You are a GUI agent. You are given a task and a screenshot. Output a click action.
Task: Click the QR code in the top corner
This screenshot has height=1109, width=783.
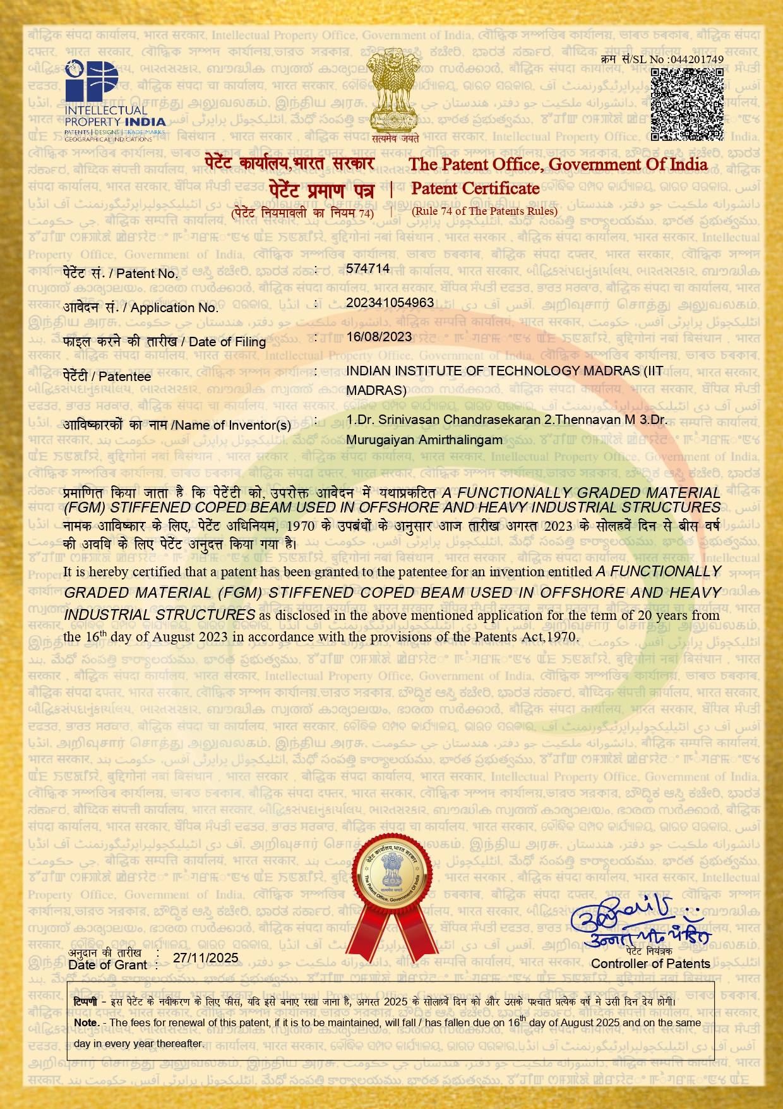tap(687, 104)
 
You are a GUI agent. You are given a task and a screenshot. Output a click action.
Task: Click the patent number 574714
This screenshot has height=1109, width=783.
tap(368, 269)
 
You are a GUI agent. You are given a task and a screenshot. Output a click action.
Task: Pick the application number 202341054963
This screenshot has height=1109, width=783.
tap(390, 303)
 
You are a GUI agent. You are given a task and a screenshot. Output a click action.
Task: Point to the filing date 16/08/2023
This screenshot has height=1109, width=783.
tap(379, 337)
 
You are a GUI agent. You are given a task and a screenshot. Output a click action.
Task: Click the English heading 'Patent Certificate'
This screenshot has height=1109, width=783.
tap(475, 188)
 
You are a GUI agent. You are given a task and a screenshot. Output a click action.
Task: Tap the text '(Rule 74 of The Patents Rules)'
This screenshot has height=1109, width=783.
tap(484, 211)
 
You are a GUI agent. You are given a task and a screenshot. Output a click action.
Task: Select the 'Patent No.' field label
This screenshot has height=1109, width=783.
tap(121, 274)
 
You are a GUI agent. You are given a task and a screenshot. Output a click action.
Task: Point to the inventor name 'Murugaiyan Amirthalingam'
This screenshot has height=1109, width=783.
tap(424, 440)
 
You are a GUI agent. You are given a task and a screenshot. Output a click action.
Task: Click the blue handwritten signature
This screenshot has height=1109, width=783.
tap(638, 920)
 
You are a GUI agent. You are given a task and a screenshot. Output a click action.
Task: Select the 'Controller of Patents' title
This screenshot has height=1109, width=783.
tap(650, 964)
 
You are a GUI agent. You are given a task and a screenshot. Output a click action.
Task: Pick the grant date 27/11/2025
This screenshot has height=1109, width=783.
tap(206, 958)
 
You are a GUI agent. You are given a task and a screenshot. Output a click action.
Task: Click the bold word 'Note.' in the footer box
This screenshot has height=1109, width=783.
tap(87, 1022)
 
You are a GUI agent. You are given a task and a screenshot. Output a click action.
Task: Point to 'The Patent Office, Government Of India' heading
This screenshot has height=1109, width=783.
tap(558, 164)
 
